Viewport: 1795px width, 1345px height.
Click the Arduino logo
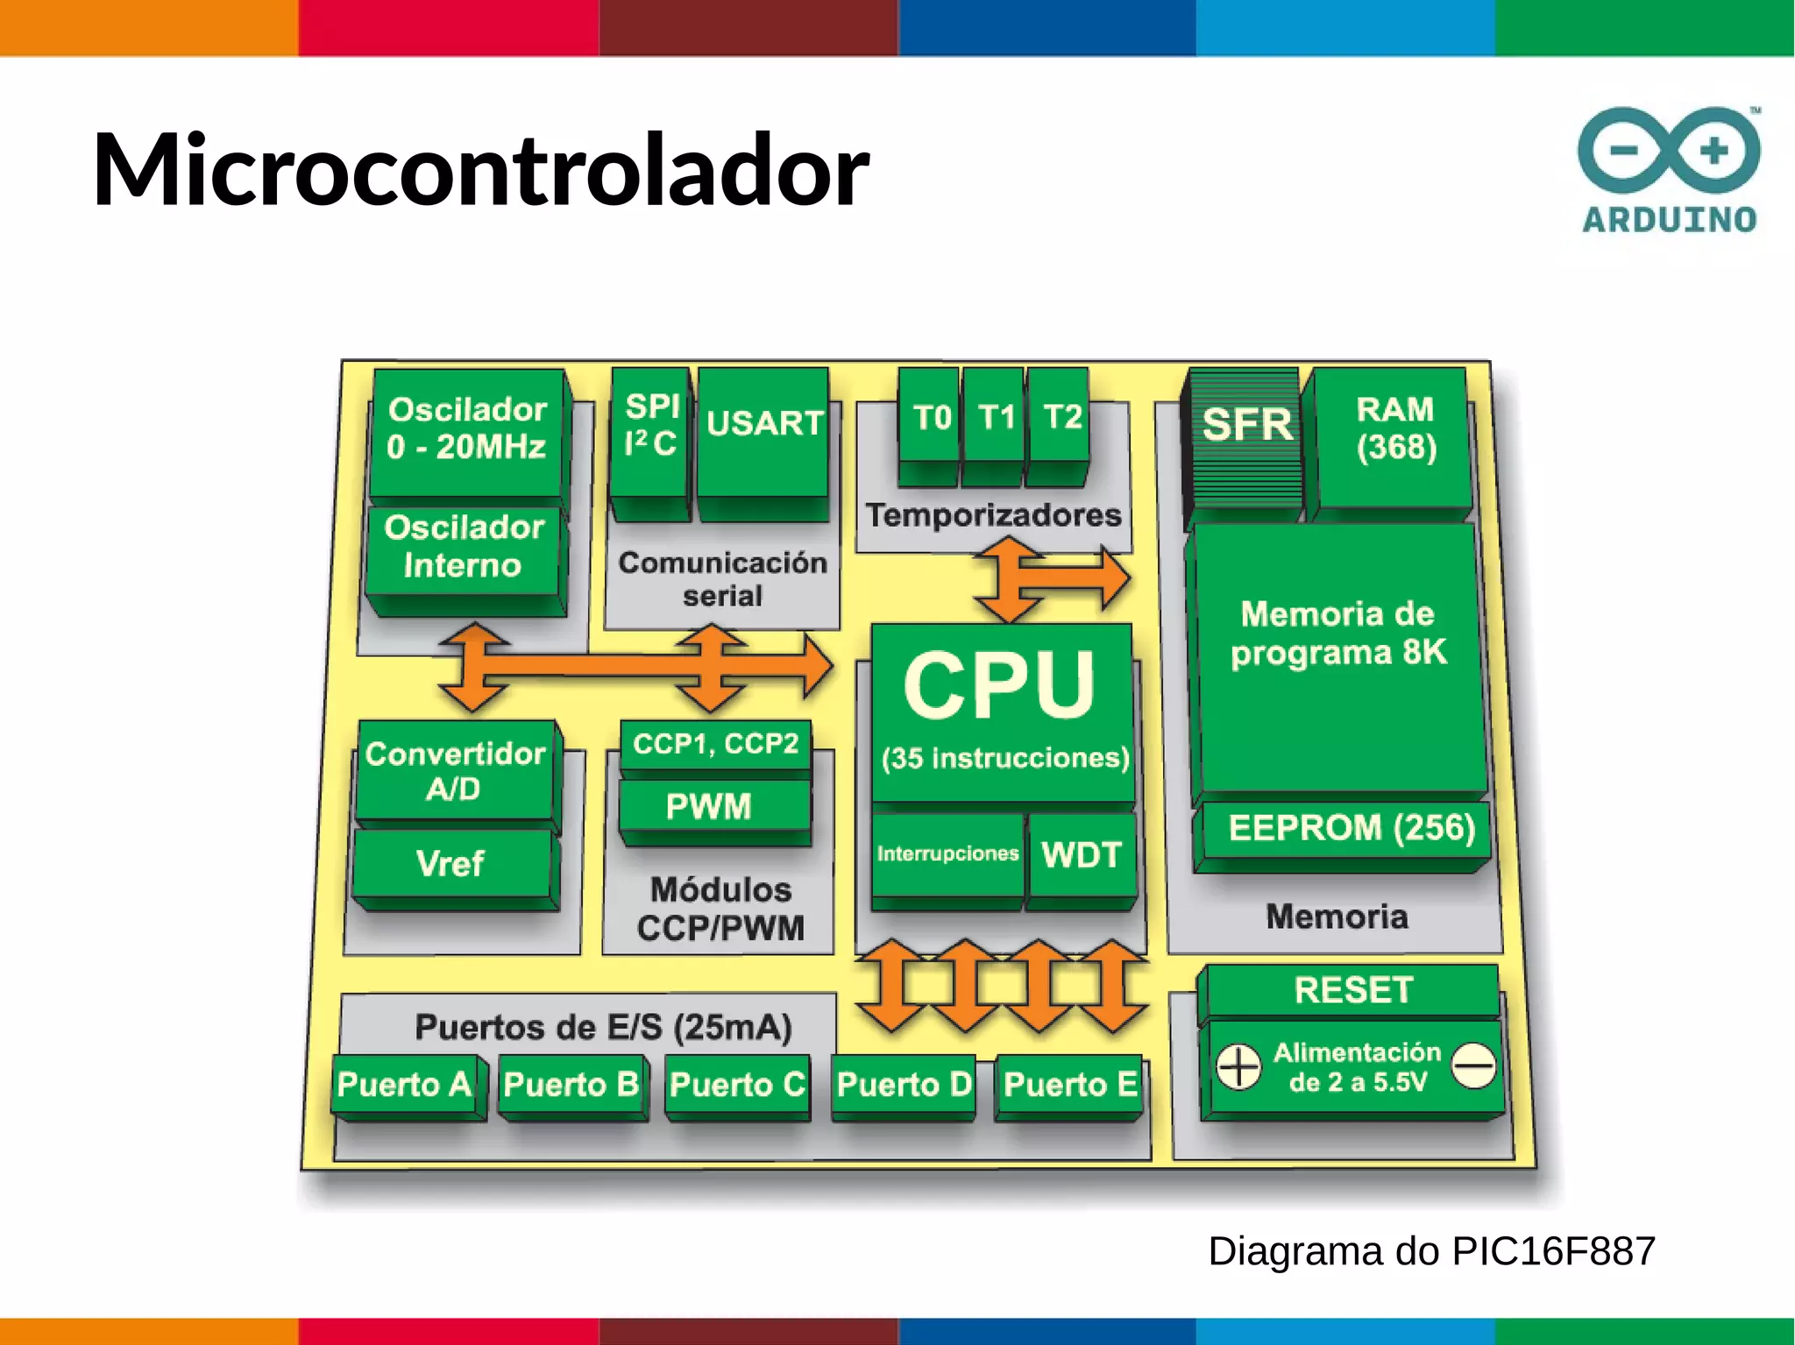[x=1669, y=171]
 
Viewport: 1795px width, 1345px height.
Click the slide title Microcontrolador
[x=480, y=170]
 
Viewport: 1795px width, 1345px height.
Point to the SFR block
[x=1246, y=438]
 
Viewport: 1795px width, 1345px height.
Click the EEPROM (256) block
[x=1350, y=829]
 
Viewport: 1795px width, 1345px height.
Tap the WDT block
[x=1082, y=854]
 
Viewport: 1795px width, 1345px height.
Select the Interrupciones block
[x=947, y=854]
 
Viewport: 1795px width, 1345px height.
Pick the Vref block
[x=451, y=864]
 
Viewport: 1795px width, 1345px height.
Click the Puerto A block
[x=404, y=1085]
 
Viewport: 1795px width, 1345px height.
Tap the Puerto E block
[x=1070, y=1085]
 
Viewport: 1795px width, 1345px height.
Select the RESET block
[x=1352, y=990]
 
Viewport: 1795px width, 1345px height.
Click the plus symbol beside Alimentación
[x=1238, y=1066]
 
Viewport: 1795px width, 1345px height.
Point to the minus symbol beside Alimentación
[x=1473, y=1066]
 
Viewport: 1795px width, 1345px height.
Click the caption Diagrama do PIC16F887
[x=1431, y=1251]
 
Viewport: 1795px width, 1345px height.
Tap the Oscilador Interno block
[x=464, y=547]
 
